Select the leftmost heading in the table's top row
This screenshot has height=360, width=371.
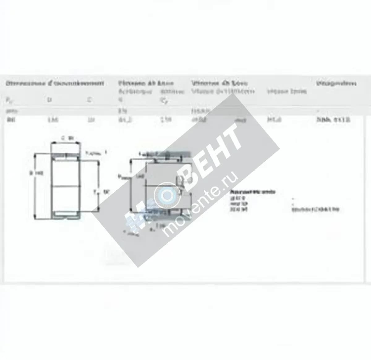[55, 83]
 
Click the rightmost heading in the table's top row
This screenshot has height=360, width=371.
[336, 83]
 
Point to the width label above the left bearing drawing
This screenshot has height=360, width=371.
[66, 138]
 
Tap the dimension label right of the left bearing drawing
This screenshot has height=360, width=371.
[102, 192]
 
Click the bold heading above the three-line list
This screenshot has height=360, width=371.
[253, 192]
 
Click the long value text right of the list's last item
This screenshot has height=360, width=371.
[315, 210]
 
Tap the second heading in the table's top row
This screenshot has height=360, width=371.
[146, 83]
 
